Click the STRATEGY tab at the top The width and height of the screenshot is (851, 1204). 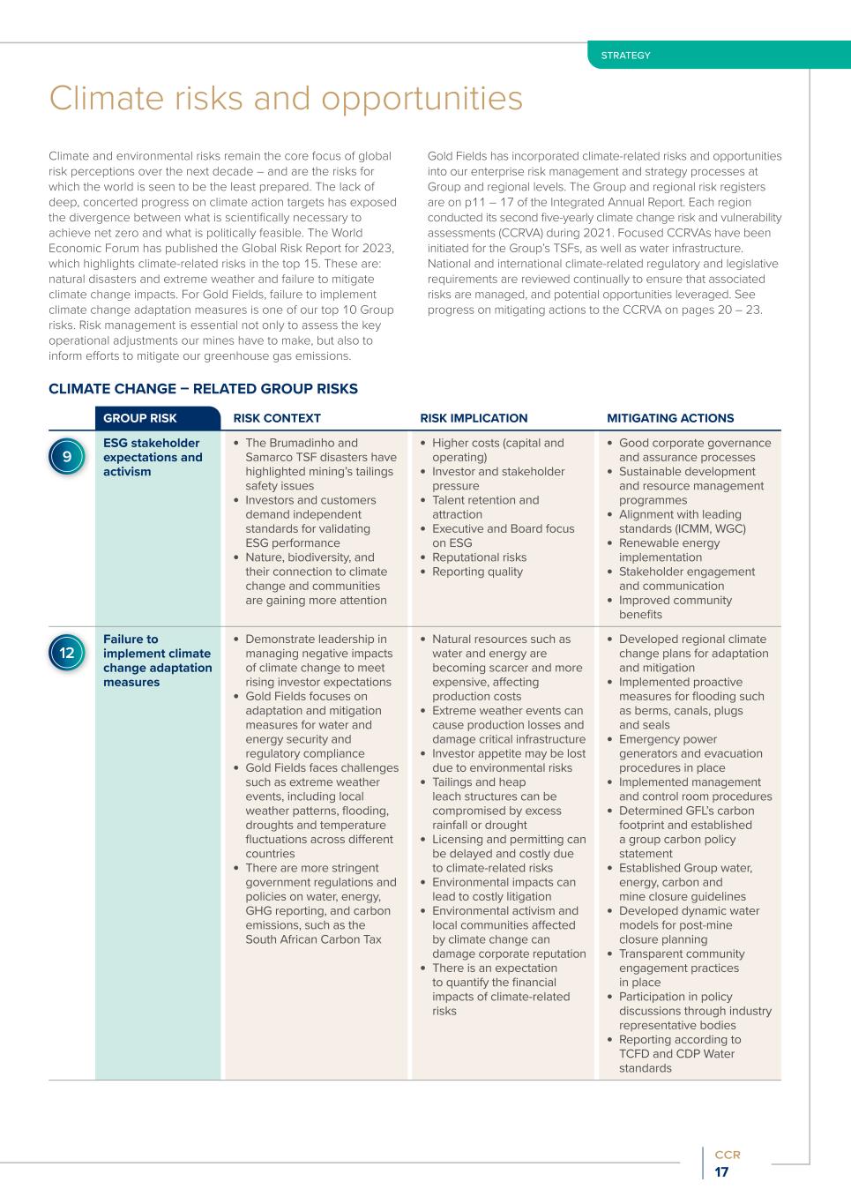tap(625, 56)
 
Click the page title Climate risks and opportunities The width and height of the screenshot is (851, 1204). tap(286, 98)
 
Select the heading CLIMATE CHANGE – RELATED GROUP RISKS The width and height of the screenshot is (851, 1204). tap(203, 389)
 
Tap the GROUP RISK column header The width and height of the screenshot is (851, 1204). tap(139, 418)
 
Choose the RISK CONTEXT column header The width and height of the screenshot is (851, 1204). tap(277, 418)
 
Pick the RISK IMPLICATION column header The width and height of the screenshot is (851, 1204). tap(474, 418)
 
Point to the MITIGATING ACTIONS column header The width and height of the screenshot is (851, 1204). tap(670, 418)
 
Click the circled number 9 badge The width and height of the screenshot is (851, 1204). tap(67, 457)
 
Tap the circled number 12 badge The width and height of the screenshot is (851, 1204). tap(67, 654)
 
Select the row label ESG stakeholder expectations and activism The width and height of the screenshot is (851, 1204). tap(152, 457)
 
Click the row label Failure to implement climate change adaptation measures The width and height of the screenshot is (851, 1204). tap(157, 661)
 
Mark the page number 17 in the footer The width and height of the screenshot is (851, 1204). tap(721, 1172)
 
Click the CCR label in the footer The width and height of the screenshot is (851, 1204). tap(728, 1155)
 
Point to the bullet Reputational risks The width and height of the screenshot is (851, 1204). tap(479, 557)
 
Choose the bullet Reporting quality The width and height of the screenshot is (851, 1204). tap(477, 572)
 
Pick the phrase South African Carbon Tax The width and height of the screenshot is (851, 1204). tap(313, 939)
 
